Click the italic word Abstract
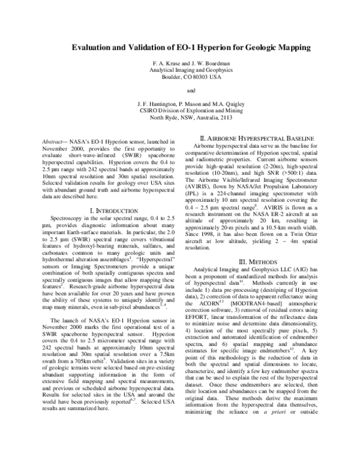tap(47, 141)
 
